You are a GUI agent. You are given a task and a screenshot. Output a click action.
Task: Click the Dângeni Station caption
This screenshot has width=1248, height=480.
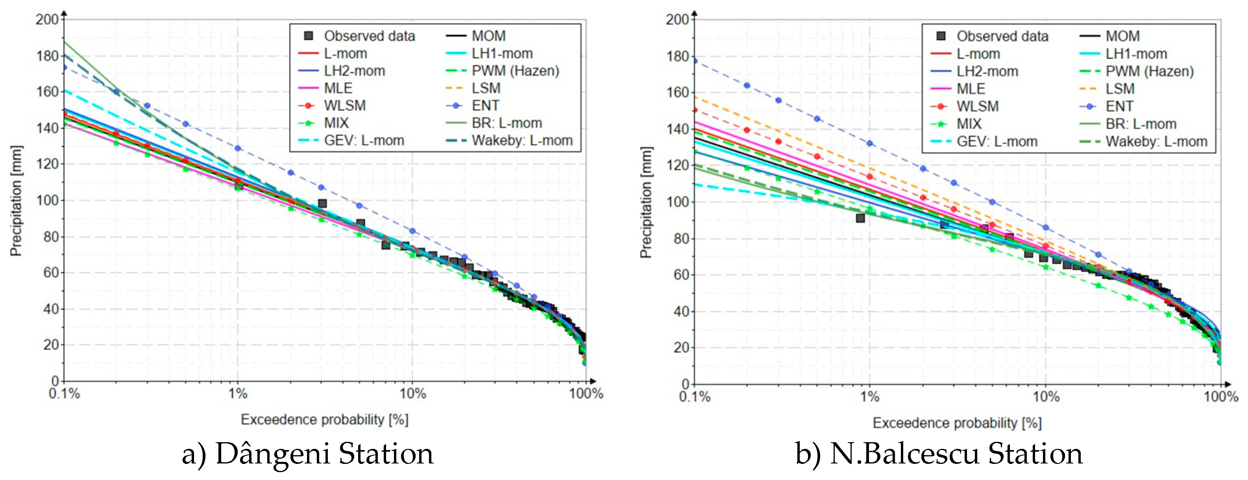(308, 454)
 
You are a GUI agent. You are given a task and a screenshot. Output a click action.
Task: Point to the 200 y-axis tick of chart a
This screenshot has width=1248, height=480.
(47, 19)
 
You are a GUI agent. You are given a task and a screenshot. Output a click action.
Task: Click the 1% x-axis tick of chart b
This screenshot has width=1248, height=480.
(870, 397)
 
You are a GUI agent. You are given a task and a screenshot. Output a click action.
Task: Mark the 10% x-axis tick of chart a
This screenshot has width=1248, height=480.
(412, 394)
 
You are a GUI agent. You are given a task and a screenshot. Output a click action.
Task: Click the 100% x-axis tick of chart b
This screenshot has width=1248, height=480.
(1220, 397)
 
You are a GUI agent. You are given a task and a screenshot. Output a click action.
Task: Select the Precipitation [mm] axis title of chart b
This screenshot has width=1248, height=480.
(646, 202)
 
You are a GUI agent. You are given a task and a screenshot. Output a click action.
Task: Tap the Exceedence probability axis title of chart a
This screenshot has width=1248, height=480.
(325, 419)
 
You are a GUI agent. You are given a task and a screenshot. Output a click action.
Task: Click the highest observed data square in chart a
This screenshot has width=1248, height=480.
(322, 203)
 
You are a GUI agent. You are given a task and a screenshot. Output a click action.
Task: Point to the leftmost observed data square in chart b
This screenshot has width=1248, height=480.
(860, 218)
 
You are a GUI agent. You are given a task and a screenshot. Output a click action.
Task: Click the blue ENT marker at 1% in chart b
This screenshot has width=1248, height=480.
(870, 143)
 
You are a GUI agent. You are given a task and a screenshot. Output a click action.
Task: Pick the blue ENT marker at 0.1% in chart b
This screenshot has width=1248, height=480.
(695, 61)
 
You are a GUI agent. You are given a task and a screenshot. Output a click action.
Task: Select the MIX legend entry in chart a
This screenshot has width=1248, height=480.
(336, 123)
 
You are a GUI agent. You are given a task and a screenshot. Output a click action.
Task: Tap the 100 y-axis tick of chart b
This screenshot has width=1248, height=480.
(677, 202)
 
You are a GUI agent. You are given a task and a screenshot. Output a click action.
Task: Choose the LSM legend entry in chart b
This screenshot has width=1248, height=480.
(1119, 89)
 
